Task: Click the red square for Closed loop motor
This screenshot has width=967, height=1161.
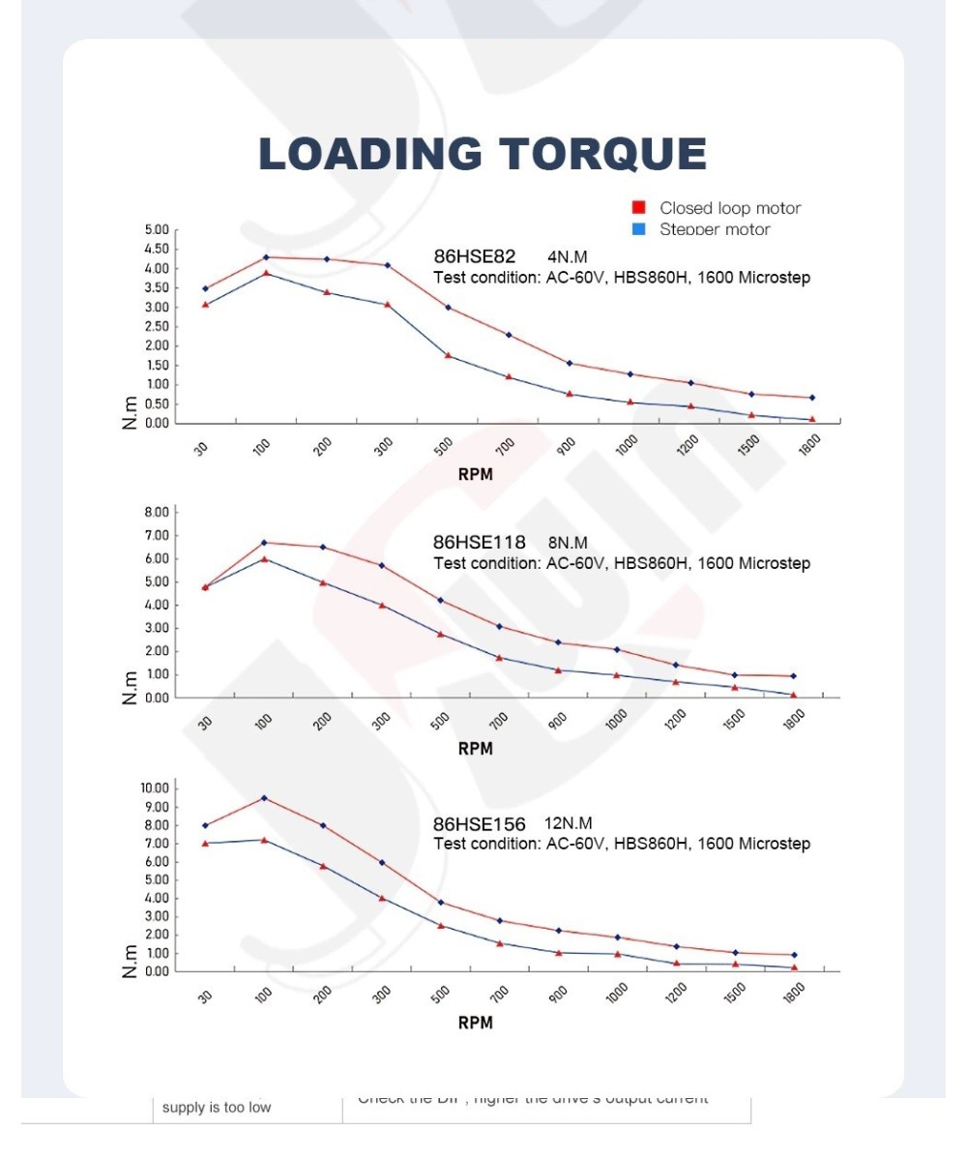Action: [x=638, y=208]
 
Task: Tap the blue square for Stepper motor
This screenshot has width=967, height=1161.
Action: [x=638, y=229]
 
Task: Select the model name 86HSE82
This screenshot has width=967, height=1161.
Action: [x=474, y=257]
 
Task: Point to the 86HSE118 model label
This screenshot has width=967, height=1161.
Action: [x=479, y=543]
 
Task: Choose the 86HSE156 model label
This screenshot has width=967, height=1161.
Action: [x=479, y=824]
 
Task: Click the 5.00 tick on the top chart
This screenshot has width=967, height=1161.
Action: [x=156, y=230]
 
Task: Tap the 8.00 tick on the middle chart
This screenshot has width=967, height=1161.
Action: [x=156, y=512]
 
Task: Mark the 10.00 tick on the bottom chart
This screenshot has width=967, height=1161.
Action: [x=154, y=789]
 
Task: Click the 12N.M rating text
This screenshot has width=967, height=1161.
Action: [x=569, y=823]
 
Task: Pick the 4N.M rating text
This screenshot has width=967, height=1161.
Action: [x=567, y=257]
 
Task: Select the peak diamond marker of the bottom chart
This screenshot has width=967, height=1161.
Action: [x=264, y=798]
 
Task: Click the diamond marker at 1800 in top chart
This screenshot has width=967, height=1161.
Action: [x=811, y=398]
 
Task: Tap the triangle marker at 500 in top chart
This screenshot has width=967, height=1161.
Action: [x=448, y=355]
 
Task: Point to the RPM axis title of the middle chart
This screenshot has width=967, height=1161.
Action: [x=475, y=748]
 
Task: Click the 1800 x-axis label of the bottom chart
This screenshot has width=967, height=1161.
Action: [x=794, y=994]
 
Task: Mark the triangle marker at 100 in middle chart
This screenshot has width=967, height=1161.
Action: [x=264, y=558]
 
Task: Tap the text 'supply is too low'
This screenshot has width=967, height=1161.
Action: [x=217, y=1107]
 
